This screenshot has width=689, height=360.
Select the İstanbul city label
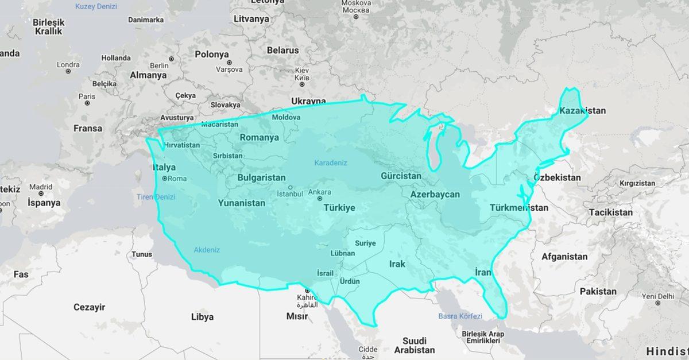[290, 193]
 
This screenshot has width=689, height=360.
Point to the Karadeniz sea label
[331, 163]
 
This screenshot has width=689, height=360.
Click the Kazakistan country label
[582, 110]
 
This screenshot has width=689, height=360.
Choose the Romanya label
[259, 137]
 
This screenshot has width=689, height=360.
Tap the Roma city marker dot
[164, 179]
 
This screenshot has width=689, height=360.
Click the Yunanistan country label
[241, 203]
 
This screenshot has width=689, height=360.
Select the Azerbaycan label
[435, 195]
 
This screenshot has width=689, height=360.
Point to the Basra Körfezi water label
[460, 316]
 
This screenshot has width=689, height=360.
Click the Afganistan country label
[564, 257]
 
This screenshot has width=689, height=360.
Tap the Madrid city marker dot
[41, 194]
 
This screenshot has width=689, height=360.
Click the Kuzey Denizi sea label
[96, 7]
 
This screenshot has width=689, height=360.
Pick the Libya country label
[202, 317]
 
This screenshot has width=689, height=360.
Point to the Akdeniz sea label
[207, 250]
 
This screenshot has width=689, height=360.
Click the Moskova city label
[356, 7]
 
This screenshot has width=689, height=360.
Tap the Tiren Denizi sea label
[156, 197]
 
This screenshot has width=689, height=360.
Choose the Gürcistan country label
[401, 176]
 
